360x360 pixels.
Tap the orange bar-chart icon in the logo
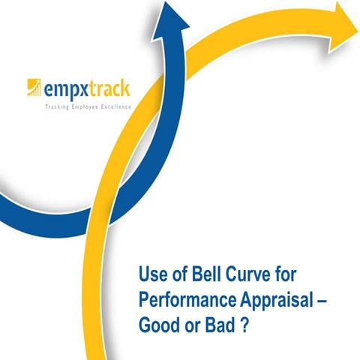click(x=33, y=89)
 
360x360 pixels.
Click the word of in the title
click(x=178, y=271)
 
